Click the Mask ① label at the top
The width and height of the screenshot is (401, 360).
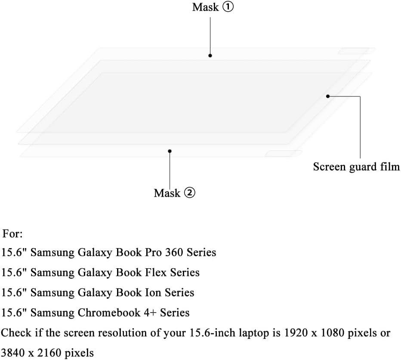click(213, 7)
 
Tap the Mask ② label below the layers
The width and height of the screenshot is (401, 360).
click(174, 193)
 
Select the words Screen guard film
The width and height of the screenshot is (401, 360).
click(356, 167)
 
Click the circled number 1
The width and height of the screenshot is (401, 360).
click(228, 6)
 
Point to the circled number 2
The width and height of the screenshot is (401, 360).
click(189, 192)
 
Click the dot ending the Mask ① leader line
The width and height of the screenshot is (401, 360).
click(210, 56)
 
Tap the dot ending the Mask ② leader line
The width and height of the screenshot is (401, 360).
click(170, 151)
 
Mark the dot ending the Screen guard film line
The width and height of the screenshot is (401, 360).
click(328, 96)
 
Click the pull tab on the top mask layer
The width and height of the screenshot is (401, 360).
click(357, 51)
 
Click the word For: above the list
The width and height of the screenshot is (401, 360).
click(12, 234)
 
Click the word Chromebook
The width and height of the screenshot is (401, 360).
click(109, 313)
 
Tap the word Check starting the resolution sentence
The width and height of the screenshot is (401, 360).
click(16, 333)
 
